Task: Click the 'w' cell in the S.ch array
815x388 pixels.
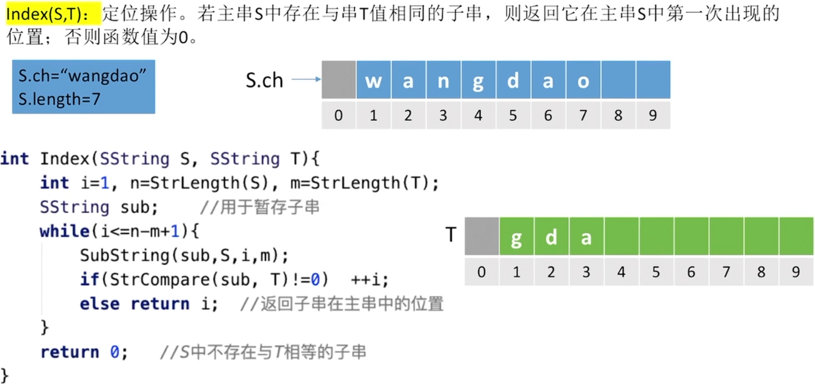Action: pyautogui.click(x=373, y=80)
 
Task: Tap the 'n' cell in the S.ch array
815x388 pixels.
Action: pyautogui.click(x=443, y=80)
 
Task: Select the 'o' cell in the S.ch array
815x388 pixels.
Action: pyautogui.click(x=583, y=80)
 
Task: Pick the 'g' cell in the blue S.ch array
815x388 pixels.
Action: pyautogui.click(x=477, y=80)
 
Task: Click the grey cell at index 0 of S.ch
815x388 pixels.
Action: pyautogui.click(x=338, y=80)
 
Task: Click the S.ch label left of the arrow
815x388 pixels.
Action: pyautogui.click(x=264, y=80)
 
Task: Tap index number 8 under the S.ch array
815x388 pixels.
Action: pyautogui.click(x=618, y=115)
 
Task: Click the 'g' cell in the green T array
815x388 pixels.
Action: pyautogui.click(x=516, y=237)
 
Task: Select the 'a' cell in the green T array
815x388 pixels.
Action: pyautogui.click(x=586, y=237)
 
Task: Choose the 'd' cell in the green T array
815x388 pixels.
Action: pyautogui.click(x=551, y=237)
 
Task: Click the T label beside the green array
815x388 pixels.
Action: pyautogui.click(x=451, y=235)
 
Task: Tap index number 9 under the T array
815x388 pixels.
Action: pyautogui.click(x=796, y=273)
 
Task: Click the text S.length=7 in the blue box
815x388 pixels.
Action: pyautogui.click(x=59, y=99)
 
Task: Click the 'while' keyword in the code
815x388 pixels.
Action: pyautogui.click(x=64, y=231)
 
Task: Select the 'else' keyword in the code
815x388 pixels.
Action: pyautogui.click(x=99, y=303)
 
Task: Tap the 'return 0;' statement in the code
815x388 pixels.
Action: pyautogui.click(x=84, y=352)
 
